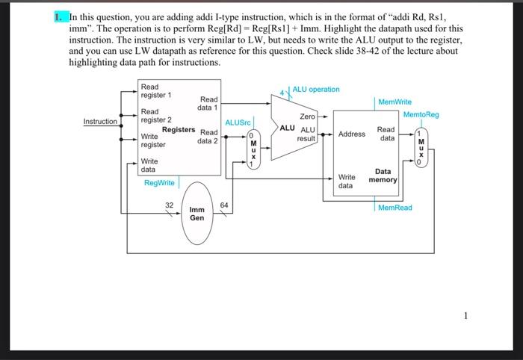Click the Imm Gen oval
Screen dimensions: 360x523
(197, 214)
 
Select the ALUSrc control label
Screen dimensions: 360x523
(238, 121)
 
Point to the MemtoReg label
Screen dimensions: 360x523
(421, 114)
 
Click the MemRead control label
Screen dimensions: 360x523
(394, 208)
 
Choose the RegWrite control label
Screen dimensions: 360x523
(159, 182)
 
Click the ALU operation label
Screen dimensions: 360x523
(315, 90)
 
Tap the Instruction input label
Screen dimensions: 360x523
(100, 121)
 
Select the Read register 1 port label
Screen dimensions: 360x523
(156, 91)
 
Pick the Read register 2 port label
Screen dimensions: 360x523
(156, 116)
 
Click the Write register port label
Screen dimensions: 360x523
(153, 140)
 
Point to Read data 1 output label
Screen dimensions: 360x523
(208, 103)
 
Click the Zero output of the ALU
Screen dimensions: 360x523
(307, 117)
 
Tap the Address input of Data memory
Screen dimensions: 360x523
(351, 134)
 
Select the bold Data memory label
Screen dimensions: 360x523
(383, 176)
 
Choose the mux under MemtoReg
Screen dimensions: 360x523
(421, 149)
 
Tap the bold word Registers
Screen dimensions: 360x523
(179, 129)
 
